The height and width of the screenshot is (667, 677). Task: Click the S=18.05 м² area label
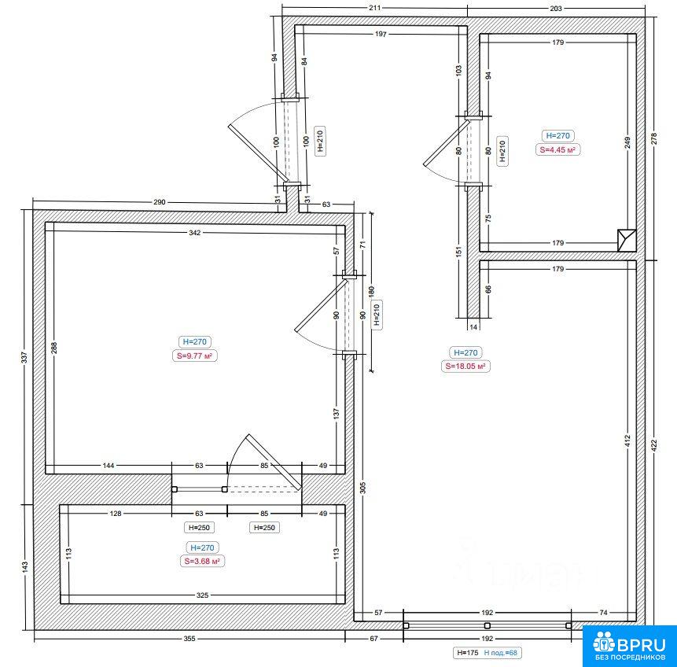(x=465, y=367)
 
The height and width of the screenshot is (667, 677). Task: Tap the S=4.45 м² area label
(x=557, y=150)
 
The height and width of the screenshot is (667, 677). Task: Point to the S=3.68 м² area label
(x=202, y=561)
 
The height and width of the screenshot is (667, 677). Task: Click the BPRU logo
(x=630, y=647)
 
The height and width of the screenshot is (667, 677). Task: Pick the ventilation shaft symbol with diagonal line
(x=627, y=240)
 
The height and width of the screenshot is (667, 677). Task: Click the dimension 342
(x=195, y=232)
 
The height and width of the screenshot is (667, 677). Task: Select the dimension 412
(x=627, y=440)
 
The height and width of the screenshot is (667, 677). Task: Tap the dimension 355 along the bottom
(x=189, y=639)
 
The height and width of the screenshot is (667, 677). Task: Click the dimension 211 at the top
(x=375, y=8)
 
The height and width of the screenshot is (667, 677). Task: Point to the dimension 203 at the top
(x=556, y=8)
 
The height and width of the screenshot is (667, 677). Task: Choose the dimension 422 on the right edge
(x=653, y=445)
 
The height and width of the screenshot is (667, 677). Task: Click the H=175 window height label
(x=468, y=653)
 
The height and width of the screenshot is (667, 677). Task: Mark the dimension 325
(x=203, y=595)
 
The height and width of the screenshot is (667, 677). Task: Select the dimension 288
(x=54, y=348)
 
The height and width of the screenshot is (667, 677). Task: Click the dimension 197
(x=381, y=34)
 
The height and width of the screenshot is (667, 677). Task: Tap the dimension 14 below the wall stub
(x=473, y=327)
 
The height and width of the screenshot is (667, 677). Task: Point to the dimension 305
(x=362, y=488)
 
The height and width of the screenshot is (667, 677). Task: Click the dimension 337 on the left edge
(x=24, y=357)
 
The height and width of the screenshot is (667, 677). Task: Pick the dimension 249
(x=627, y=142)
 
